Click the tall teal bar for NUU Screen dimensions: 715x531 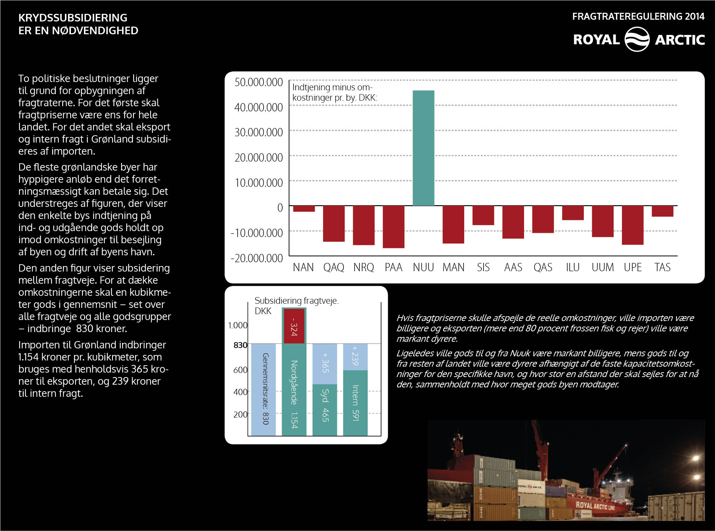(423, 148)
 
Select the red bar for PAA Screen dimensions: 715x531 (394, 227)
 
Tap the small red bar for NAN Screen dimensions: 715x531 (304, 209)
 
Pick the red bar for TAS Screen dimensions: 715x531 (662, 211)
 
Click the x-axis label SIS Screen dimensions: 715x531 (483, 267)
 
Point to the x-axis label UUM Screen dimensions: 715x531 (603, 267)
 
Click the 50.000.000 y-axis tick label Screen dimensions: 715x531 (259, 82)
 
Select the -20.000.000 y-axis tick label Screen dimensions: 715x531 (257, 258)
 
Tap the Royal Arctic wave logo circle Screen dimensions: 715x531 (637, 39)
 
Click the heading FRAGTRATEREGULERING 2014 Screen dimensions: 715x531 (638, 16)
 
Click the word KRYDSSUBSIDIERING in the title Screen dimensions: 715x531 (73, 18)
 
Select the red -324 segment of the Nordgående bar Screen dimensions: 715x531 (294, 326)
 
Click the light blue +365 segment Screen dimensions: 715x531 (324, 364)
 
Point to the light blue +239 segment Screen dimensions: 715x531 (355, 357)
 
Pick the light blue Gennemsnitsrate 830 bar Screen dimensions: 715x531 (263, 390)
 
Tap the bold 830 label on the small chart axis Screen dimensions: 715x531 (240, 345)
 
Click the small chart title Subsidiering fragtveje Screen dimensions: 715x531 (296, 301)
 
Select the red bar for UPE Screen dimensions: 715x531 (633, 225)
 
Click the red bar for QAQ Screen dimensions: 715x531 (334, 224)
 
